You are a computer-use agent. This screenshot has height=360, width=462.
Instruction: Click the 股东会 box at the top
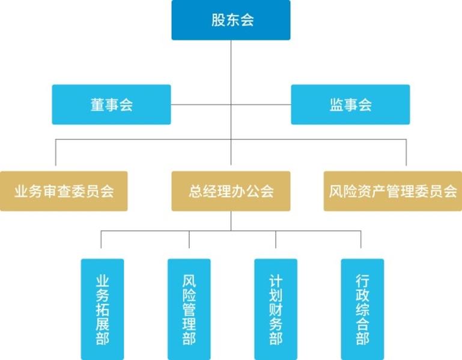[231, 20]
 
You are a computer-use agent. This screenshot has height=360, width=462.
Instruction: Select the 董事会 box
[111, 105]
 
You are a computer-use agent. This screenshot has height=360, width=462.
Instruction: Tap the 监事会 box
[350, 105]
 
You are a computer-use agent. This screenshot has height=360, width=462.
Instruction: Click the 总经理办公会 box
[231, 191]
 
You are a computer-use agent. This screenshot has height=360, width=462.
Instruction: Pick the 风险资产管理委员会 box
[393, 191]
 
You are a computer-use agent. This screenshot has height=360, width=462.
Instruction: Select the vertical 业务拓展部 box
[102, 309]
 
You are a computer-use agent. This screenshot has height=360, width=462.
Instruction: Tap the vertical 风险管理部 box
[189, 309]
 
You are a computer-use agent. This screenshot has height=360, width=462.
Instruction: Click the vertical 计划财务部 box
[276, 309]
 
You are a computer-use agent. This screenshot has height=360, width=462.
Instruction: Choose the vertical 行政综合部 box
[362, 309]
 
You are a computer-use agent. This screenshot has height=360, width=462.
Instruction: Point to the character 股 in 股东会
[217, 20]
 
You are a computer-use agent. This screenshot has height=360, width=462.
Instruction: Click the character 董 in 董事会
[97, 105]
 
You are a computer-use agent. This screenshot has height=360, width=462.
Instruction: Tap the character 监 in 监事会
[336, 105]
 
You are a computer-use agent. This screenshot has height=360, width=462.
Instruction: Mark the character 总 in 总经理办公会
[195, 191]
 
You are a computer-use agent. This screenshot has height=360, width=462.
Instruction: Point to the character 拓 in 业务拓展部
[102, 309]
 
